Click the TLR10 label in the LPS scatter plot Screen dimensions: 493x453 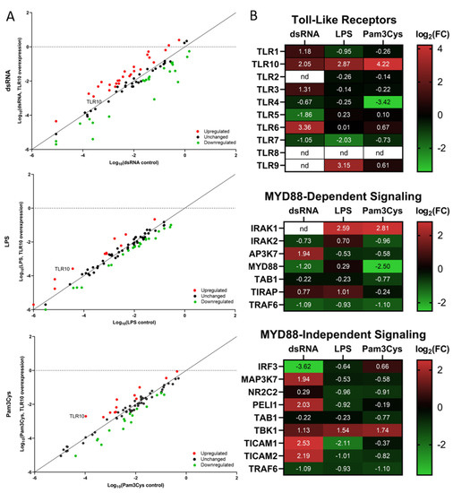click(62, 269)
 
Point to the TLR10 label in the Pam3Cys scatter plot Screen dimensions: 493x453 click(78, 416)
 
